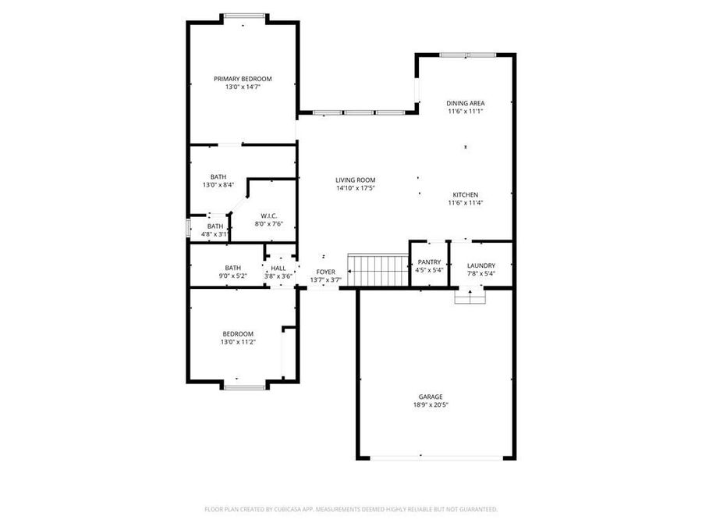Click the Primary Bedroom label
click(x=243, y=79)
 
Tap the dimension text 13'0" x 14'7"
click(x=243, y=87)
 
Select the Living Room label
click(x=356, y=180)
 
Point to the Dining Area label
click(x=466, y=103)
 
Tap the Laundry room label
click(x=481, y=265)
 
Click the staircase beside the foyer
click(x=378, y=270)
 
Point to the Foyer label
click(x=325, y=272)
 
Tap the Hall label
click(x=278, y=268)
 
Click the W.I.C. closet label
click(x=268, y=215)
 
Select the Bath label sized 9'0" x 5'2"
click(x=232, y=267)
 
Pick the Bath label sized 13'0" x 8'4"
click(x=218, y=176)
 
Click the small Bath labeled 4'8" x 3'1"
click(x=214, y=226)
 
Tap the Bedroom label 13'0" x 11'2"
click(x=238, y=334)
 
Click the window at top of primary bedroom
click(x=244, y=16)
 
